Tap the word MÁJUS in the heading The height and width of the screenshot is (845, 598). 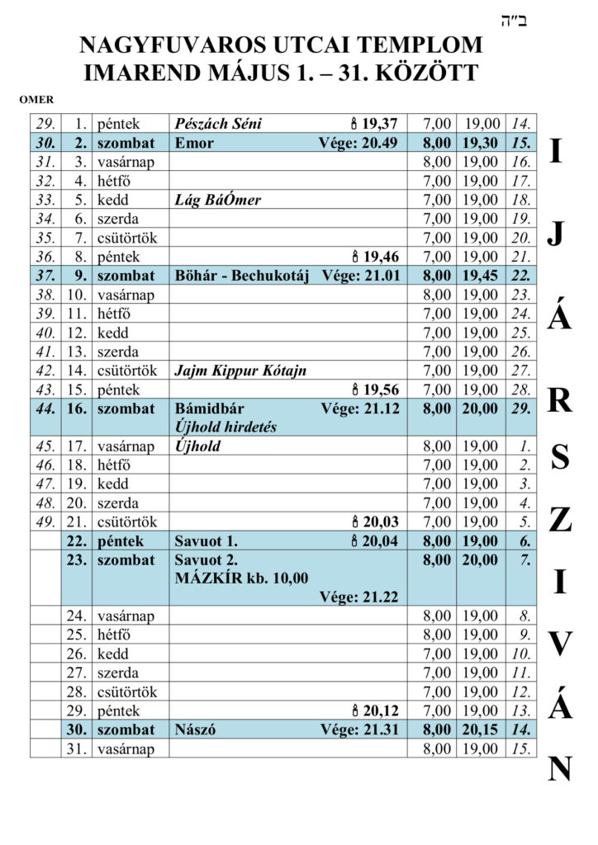[x=240, y=73]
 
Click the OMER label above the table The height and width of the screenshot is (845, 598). [x=36, y=100]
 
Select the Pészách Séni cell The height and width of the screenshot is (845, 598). [x=218, y=124]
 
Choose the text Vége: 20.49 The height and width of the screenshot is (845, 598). [x=358, y=143]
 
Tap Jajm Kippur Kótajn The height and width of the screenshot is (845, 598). [x=240, y=371]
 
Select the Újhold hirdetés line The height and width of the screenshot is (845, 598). [x=225, y=427]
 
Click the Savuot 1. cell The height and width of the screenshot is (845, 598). [x=206, y=541]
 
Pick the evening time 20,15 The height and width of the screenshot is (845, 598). [x=480, y=729]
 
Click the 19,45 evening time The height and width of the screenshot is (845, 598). [x=480, y=276]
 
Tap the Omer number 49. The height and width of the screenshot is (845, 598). [x=45, y=522]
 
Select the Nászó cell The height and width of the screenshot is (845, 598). [x=195, y=729]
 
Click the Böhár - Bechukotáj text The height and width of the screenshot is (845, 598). [x=242, y=276]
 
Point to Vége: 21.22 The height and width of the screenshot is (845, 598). [x=358, y=597]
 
